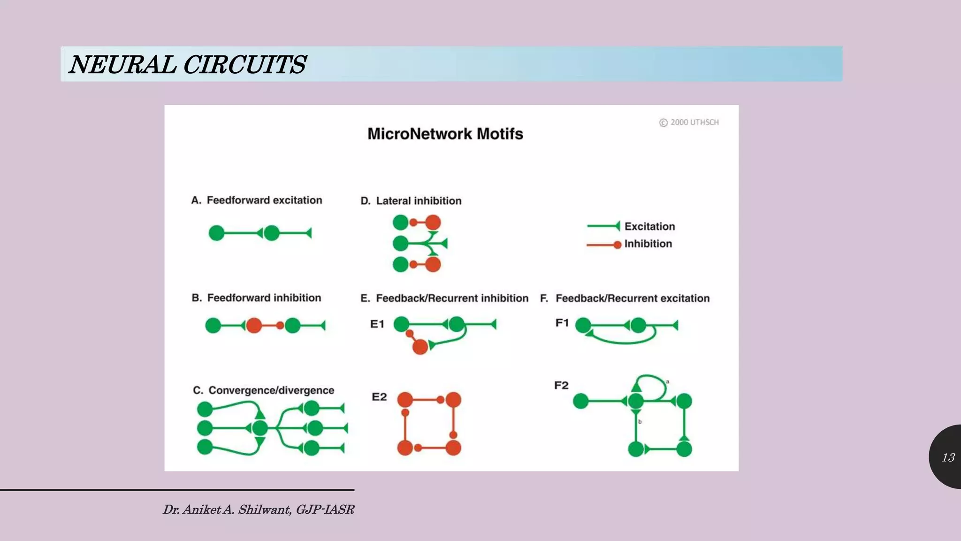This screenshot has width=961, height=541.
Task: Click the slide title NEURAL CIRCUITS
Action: coord(187,64)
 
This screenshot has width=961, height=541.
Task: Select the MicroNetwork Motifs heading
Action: coord(445,134)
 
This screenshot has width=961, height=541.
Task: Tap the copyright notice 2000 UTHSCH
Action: coord(689,123)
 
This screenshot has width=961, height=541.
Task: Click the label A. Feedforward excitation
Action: coord(257,201)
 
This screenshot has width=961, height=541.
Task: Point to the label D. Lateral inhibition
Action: coord(411,201)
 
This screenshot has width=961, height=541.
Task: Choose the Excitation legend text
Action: coord(649,226)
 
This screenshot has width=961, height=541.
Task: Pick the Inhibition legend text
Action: coord(648,244)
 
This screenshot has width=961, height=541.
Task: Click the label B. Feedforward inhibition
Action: coord(256,298)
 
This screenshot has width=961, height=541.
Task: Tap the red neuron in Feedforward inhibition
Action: coord(254,325)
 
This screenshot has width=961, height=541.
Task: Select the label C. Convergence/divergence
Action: coord(263,390)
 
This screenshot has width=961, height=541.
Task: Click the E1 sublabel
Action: coord(377,324)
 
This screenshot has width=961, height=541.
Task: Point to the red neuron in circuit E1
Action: coord(420,347)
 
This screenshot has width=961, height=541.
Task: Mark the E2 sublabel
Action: coord(379,397)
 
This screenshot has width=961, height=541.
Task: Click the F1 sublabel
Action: coord(562,323)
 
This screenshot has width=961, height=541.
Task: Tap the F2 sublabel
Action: coord(561,386)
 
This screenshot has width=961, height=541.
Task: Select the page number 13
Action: coord(948,457)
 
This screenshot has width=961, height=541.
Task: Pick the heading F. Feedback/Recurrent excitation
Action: coord(625,298)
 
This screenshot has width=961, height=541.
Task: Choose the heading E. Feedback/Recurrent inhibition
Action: coord(444,298)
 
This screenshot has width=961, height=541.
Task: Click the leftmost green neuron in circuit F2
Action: coord(581,401)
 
